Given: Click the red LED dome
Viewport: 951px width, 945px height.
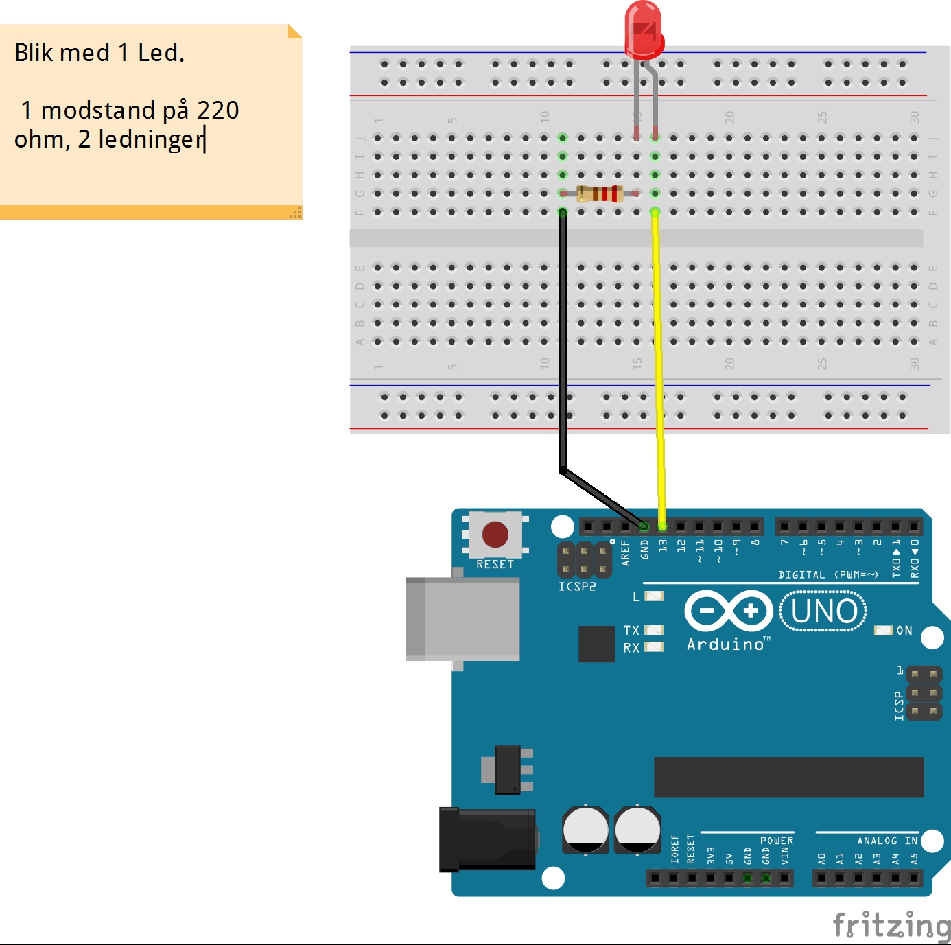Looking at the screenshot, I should click(644, 29).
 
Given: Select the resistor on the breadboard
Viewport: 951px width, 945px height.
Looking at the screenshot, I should click(600, 194).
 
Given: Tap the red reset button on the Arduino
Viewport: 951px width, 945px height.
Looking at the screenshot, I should click(495, 535).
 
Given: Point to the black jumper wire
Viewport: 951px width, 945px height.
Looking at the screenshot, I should click(563, 343).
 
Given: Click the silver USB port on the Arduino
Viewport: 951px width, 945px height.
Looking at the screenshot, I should click(462, 618).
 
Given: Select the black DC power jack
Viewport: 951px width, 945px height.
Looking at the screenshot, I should click(487, 839).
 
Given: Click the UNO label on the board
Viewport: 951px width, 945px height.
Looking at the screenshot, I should click(823, 611).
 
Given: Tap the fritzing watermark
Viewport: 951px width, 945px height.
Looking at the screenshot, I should click(891, 926).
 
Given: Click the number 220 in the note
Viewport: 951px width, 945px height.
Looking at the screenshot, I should click(218, 110).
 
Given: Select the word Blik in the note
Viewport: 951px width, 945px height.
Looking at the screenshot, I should click(34, 53).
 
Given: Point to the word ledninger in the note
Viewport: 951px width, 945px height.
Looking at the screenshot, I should click(151, 139).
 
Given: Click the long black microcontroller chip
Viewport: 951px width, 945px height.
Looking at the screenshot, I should click(788, 777).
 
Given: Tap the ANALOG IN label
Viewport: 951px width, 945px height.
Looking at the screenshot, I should click(887, 841).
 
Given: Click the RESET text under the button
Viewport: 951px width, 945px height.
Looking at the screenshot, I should click(495, 564).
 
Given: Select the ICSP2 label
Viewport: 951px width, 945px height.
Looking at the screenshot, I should click(577, 587).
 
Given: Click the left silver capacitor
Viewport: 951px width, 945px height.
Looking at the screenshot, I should click(585, 829).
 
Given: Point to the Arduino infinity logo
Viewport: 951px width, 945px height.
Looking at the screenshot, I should click(729, 610).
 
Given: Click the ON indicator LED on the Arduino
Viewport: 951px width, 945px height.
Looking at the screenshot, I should click(883, 630).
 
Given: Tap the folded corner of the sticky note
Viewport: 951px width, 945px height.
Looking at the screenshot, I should click(294, 31).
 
